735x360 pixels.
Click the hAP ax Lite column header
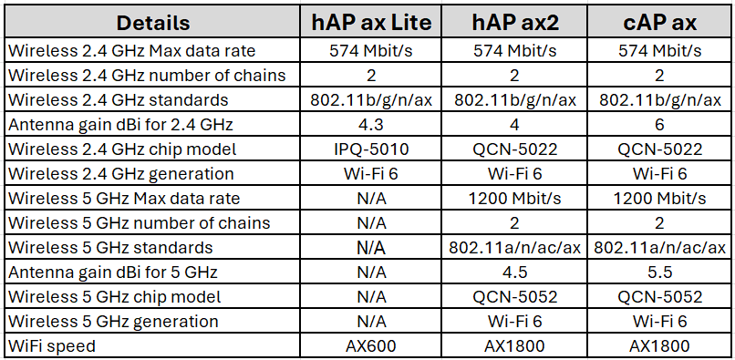coord(371,22)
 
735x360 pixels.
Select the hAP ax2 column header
coord(516,22)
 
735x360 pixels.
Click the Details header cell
coord(153,22)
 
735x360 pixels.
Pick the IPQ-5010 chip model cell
coord(371,149)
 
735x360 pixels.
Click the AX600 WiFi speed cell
coord(371,345)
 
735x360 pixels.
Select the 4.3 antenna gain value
coord(371,124)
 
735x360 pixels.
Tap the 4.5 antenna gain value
coord(516,272)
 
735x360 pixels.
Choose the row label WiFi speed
coord(51,345)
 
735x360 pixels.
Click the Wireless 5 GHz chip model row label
coord(113,296)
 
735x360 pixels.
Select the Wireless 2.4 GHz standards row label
coord(118,99)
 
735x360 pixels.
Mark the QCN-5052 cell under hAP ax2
coord(516,296)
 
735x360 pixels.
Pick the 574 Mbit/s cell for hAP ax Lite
coord(371,50)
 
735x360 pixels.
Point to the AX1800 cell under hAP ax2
coord(516,345)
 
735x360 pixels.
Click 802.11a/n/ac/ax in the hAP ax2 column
coord(516,247)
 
